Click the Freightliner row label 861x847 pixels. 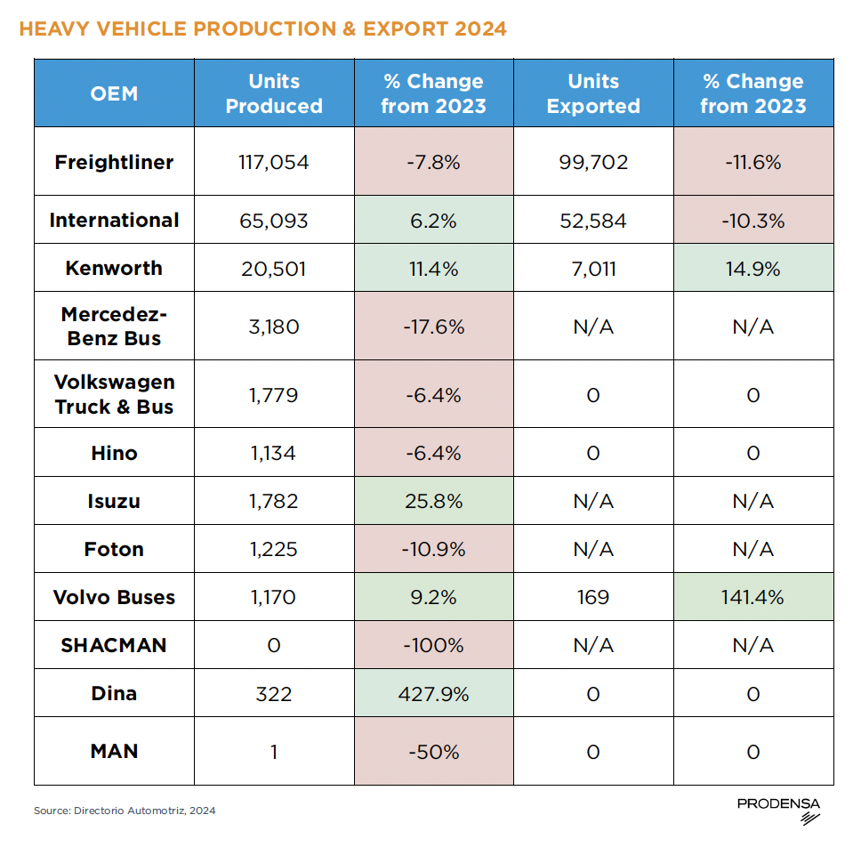click(x=114, y=162)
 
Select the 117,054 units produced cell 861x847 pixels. click(x=274, y=162)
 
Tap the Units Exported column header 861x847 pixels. click(x=593, y=93)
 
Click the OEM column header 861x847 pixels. click(x=114, y=93)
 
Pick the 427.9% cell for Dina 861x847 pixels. click(x=433, y=693)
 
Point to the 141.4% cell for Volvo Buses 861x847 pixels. click(x=752, y=597)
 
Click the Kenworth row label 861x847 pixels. click(x=114, y=268)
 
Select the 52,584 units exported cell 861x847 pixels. click(x=593, y=220)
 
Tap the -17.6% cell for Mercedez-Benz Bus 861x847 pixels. click(x=433, y=327)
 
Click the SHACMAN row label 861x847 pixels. click(x=114, y=645)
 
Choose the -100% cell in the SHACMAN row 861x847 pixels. click(x=433, y=645)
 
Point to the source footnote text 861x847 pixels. click(x=125, y=811)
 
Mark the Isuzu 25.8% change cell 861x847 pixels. click(x=433, y=501)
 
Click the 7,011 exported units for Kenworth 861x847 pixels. click(x=593, y=268)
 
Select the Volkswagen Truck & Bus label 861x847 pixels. click(x=114, y=394)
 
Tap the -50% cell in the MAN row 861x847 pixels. click(x=433, y=752)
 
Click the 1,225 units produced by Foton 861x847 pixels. click(x=274, y=549)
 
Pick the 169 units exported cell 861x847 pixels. click(x=593, y=597)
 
